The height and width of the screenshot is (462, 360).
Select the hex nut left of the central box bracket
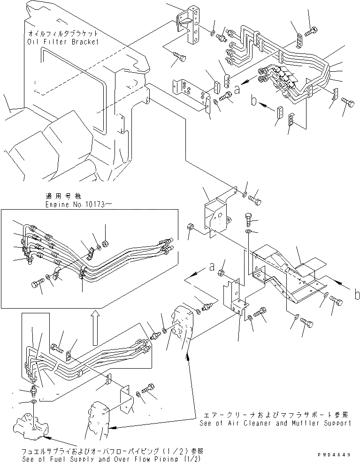tap(190, 226)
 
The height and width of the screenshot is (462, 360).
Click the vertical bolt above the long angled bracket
tap(249, 218)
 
